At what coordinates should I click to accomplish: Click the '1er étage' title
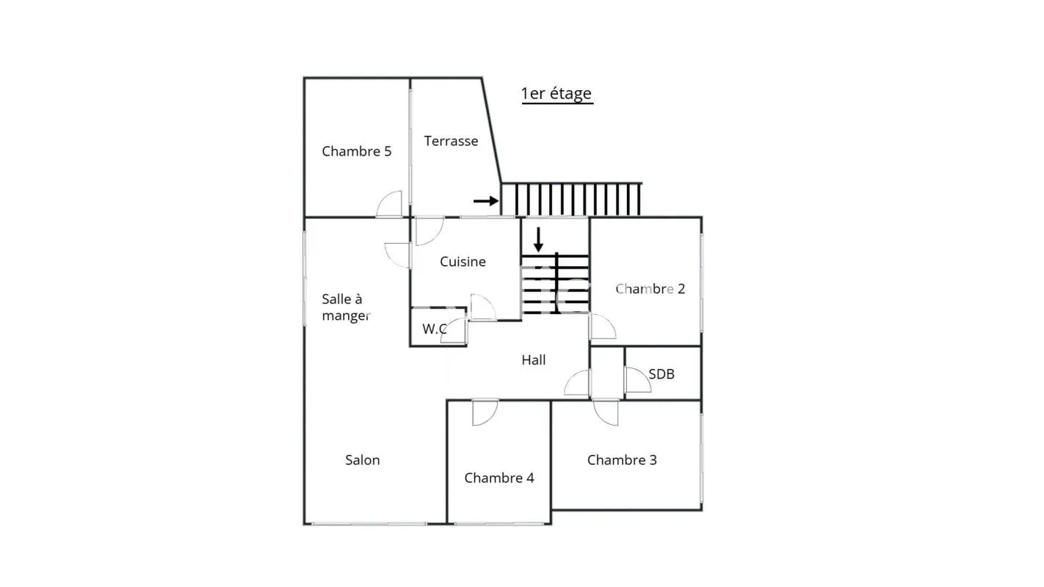click(x=557, y=94)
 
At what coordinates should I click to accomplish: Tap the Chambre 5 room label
click(x=357, y=151)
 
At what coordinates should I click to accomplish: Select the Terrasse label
click(x=451, y=141)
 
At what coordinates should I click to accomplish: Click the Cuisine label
click(x=463, y=261)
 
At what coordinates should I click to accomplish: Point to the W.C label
click(x=435, y=329)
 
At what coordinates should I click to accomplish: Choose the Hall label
click(x=534, y=360)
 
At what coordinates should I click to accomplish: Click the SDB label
click(x=661, y=373)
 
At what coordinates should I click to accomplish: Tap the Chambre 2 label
click(x=650, y=289)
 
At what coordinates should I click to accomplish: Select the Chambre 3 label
click(x=622, y=460)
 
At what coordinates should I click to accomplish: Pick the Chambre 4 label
click(x=499, y=478)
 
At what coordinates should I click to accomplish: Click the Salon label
click(x=362, y=460)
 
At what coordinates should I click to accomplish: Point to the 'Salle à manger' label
click(x=346, y=307)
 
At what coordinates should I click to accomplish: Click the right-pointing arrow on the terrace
click(x=485, y=201)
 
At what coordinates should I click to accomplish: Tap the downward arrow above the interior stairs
click(x=538, y=239)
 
